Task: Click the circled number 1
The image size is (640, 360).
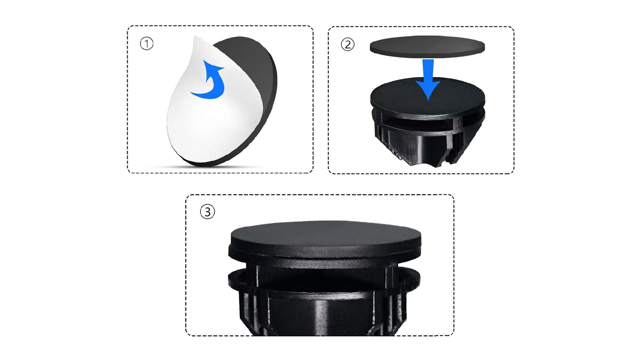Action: (147, 44)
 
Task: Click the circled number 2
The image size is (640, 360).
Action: (348, 44)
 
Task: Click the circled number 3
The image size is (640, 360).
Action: (207, 212)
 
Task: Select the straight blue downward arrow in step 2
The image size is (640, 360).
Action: (428, 80)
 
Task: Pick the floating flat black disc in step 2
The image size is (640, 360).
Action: (428, 47)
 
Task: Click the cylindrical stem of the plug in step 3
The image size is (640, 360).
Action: (323, 314)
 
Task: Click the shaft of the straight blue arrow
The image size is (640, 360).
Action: (428, 70)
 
